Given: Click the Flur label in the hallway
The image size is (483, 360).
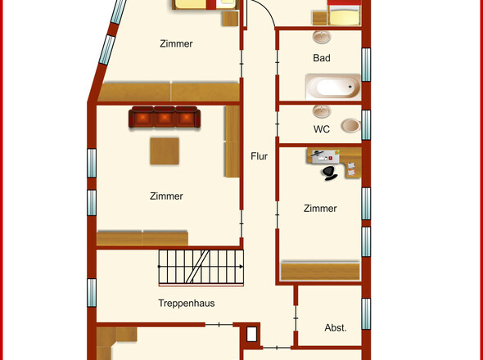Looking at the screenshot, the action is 259,156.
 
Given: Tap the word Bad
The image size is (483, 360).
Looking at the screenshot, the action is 322,58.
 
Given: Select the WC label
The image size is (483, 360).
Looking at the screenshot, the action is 322,129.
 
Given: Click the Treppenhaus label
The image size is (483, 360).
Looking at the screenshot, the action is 187,304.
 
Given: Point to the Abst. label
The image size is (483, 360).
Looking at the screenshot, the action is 336,327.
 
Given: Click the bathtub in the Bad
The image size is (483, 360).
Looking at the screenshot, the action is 333,87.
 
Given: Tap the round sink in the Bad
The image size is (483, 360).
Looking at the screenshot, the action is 322,37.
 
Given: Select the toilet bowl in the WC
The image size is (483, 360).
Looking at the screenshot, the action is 351,126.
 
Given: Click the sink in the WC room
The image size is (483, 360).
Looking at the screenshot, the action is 322,111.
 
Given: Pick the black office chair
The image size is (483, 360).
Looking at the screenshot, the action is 329,173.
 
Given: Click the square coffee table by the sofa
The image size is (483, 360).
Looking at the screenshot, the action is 165,151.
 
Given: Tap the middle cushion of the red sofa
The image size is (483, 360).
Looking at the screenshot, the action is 165,117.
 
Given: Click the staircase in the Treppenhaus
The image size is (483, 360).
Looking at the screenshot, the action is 201,267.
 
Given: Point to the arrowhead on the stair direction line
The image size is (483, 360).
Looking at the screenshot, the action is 241,267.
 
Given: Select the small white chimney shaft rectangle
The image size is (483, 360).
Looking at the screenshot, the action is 251,334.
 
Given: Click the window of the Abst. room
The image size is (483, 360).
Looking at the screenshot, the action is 366,314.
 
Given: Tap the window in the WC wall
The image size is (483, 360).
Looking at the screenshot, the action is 366,125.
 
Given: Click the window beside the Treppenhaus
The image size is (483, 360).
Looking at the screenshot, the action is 92,293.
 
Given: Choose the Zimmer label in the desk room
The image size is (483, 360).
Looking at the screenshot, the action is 320,209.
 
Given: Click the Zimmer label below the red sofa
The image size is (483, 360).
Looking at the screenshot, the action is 166,196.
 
